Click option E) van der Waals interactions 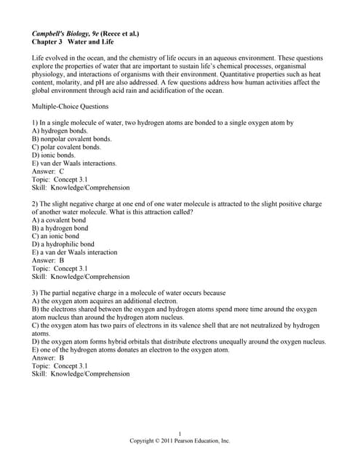74,163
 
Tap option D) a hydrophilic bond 63,244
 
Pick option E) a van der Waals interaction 75,252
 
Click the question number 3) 36,292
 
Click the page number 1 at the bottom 180,433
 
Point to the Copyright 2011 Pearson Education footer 180,441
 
